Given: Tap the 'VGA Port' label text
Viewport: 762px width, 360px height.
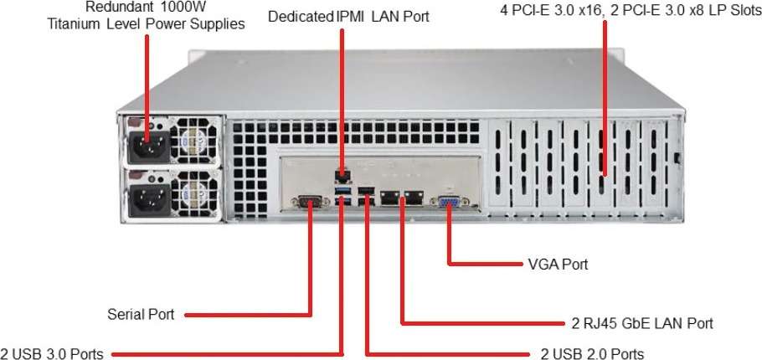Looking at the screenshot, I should click(558, 265).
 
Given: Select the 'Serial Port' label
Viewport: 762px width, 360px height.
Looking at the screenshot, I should click(141, 315).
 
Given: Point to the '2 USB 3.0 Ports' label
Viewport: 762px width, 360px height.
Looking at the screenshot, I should click(52, 353).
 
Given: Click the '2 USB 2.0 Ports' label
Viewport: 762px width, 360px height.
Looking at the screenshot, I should click(592, 353).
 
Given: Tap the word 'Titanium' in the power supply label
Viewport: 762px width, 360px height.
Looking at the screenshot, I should click(75, 23).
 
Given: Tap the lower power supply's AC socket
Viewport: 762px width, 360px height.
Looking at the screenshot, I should click(147, 199).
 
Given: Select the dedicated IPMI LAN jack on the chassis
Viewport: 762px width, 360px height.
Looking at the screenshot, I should click(342, 176).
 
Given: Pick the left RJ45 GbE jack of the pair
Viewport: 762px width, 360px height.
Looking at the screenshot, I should click(390, 198).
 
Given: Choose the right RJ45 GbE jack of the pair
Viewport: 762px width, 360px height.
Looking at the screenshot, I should click(412, 198).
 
